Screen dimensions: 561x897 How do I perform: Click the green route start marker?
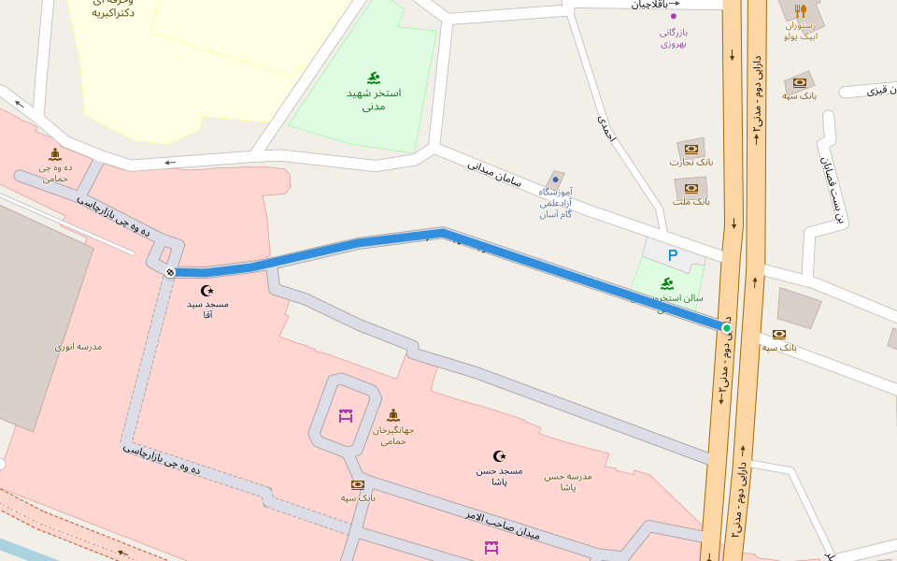726,327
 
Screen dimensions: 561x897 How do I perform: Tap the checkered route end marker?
170,272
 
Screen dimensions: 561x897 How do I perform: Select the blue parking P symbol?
672,254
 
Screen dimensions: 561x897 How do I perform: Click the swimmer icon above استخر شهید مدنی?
374,78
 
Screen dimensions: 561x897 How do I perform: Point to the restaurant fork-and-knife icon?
801,11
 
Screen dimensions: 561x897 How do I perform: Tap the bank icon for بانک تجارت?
691,149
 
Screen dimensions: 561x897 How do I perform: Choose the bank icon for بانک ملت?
691,188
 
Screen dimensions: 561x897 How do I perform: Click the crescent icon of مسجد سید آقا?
207,291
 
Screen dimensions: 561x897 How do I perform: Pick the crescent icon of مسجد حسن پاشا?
499,456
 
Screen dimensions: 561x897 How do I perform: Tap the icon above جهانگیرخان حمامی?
392,415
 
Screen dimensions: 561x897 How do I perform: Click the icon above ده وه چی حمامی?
55,153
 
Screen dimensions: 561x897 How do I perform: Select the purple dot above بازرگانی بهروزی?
673,16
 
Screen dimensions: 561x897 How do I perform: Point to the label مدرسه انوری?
78,347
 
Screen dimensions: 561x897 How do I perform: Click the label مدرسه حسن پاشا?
568,482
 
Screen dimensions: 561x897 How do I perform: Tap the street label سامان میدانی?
491,170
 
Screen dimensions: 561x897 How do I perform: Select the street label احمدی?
606,128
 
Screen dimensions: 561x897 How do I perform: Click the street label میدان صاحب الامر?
503,525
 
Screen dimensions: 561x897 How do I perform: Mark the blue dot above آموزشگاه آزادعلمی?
555,178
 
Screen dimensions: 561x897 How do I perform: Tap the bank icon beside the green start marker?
779,334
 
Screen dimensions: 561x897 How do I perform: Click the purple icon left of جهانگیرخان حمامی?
346,415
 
